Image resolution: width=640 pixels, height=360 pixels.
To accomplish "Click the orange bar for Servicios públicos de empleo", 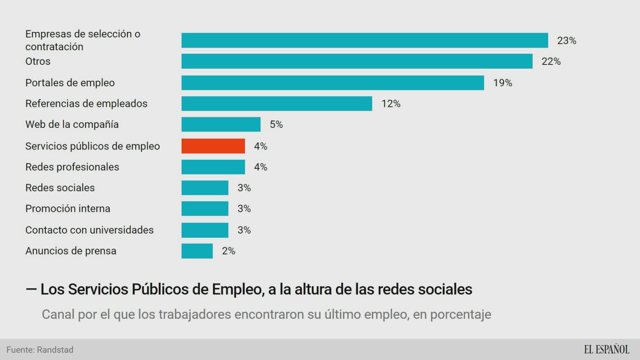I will point(213,146).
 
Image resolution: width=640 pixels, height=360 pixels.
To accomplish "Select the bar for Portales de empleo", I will point(332,83).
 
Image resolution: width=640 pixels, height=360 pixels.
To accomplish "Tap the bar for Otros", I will point(357,61).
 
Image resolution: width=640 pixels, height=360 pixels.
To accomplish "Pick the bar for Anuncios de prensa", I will point(197,251).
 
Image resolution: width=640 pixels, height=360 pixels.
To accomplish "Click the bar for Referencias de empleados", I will point(276,103).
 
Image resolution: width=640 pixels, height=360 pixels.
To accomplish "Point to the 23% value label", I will point(566,40).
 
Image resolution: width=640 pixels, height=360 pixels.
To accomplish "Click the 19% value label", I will point(502,83).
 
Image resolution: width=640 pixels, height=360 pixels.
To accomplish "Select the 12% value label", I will point(391,103).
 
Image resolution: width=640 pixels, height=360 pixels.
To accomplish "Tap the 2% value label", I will point(228,251).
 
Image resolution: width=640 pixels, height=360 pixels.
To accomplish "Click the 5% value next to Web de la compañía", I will point(276,124).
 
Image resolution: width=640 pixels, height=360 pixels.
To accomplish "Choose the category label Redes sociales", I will point(60,187).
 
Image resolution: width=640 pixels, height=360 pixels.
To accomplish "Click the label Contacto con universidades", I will point(89,230).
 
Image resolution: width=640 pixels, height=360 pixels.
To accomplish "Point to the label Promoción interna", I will point(68,208).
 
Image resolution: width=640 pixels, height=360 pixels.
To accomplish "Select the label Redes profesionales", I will point(72,167).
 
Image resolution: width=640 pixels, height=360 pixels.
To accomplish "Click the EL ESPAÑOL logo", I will point(606,349).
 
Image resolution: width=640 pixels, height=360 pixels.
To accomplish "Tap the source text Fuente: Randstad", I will point(40,350).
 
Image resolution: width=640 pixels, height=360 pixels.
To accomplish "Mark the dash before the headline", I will point(31,289).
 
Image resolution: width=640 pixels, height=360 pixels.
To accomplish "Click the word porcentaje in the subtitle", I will point(460,314).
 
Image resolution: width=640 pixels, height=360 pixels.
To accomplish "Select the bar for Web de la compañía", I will point(221,124).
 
